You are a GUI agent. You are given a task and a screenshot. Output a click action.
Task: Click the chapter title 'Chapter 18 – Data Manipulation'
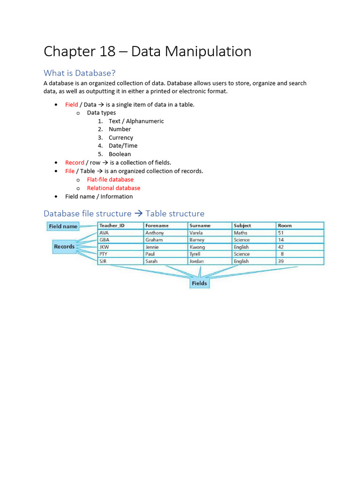tap(147, 52)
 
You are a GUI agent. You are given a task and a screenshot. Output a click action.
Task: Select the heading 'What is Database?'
tap(79, 73)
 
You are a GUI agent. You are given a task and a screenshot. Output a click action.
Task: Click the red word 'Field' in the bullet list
tap(71, 105)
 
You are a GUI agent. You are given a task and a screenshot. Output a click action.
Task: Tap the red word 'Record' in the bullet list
tap(75, 163)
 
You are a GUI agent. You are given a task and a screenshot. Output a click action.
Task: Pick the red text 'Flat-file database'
tap(110, 180)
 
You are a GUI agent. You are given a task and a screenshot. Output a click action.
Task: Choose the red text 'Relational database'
tap(113, 188)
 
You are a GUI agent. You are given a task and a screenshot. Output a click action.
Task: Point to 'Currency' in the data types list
tap(121, 138)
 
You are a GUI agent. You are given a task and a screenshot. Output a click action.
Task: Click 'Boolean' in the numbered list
tap(120, 154)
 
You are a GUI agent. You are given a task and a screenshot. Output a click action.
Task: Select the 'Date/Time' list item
tap(123, 146)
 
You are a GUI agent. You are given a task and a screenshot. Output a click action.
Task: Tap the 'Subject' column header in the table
tap(242, 225)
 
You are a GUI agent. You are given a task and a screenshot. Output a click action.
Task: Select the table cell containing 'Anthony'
tap(155, 233)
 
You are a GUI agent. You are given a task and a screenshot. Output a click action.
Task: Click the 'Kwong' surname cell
tap(197, 247)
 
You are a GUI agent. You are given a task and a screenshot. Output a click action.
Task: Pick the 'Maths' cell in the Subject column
tap(240, 233)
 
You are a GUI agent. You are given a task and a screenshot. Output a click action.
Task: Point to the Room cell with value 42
tap(281, 247)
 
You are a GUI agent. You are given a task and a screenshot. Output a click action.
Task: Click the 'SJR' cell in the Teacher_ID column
tap(103, 261)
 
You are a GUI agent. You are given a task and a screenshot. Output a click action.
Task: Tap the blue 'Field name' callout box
tap(63, 226)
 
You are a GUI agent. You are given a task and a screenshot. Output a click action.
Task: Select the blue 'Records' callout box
tap(64, 247)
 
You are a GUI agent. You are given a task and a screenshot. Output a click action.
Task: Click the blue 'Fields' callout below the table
tap(199, 283)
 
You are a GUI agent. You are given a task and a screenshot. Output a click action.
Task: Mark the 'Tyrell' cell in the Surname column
tap(195, 254)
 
